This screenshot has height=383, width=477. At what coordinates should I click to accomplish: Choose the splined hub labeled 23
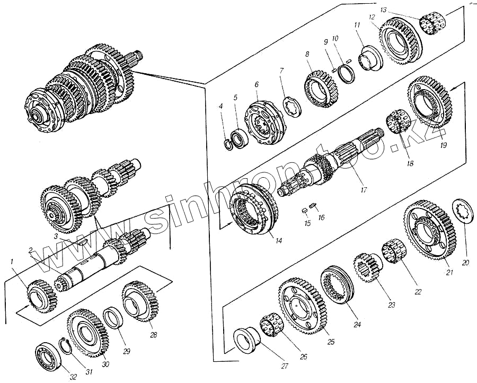pyautogui.click(x=366, y=268)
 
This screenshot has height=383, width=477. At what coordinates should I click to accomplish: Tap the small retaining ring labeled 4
pyautogui.click(x=227, y=142)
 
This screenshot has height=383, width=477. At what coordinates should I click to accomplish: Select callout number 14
pyautogui.click(x=278, y=240)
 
